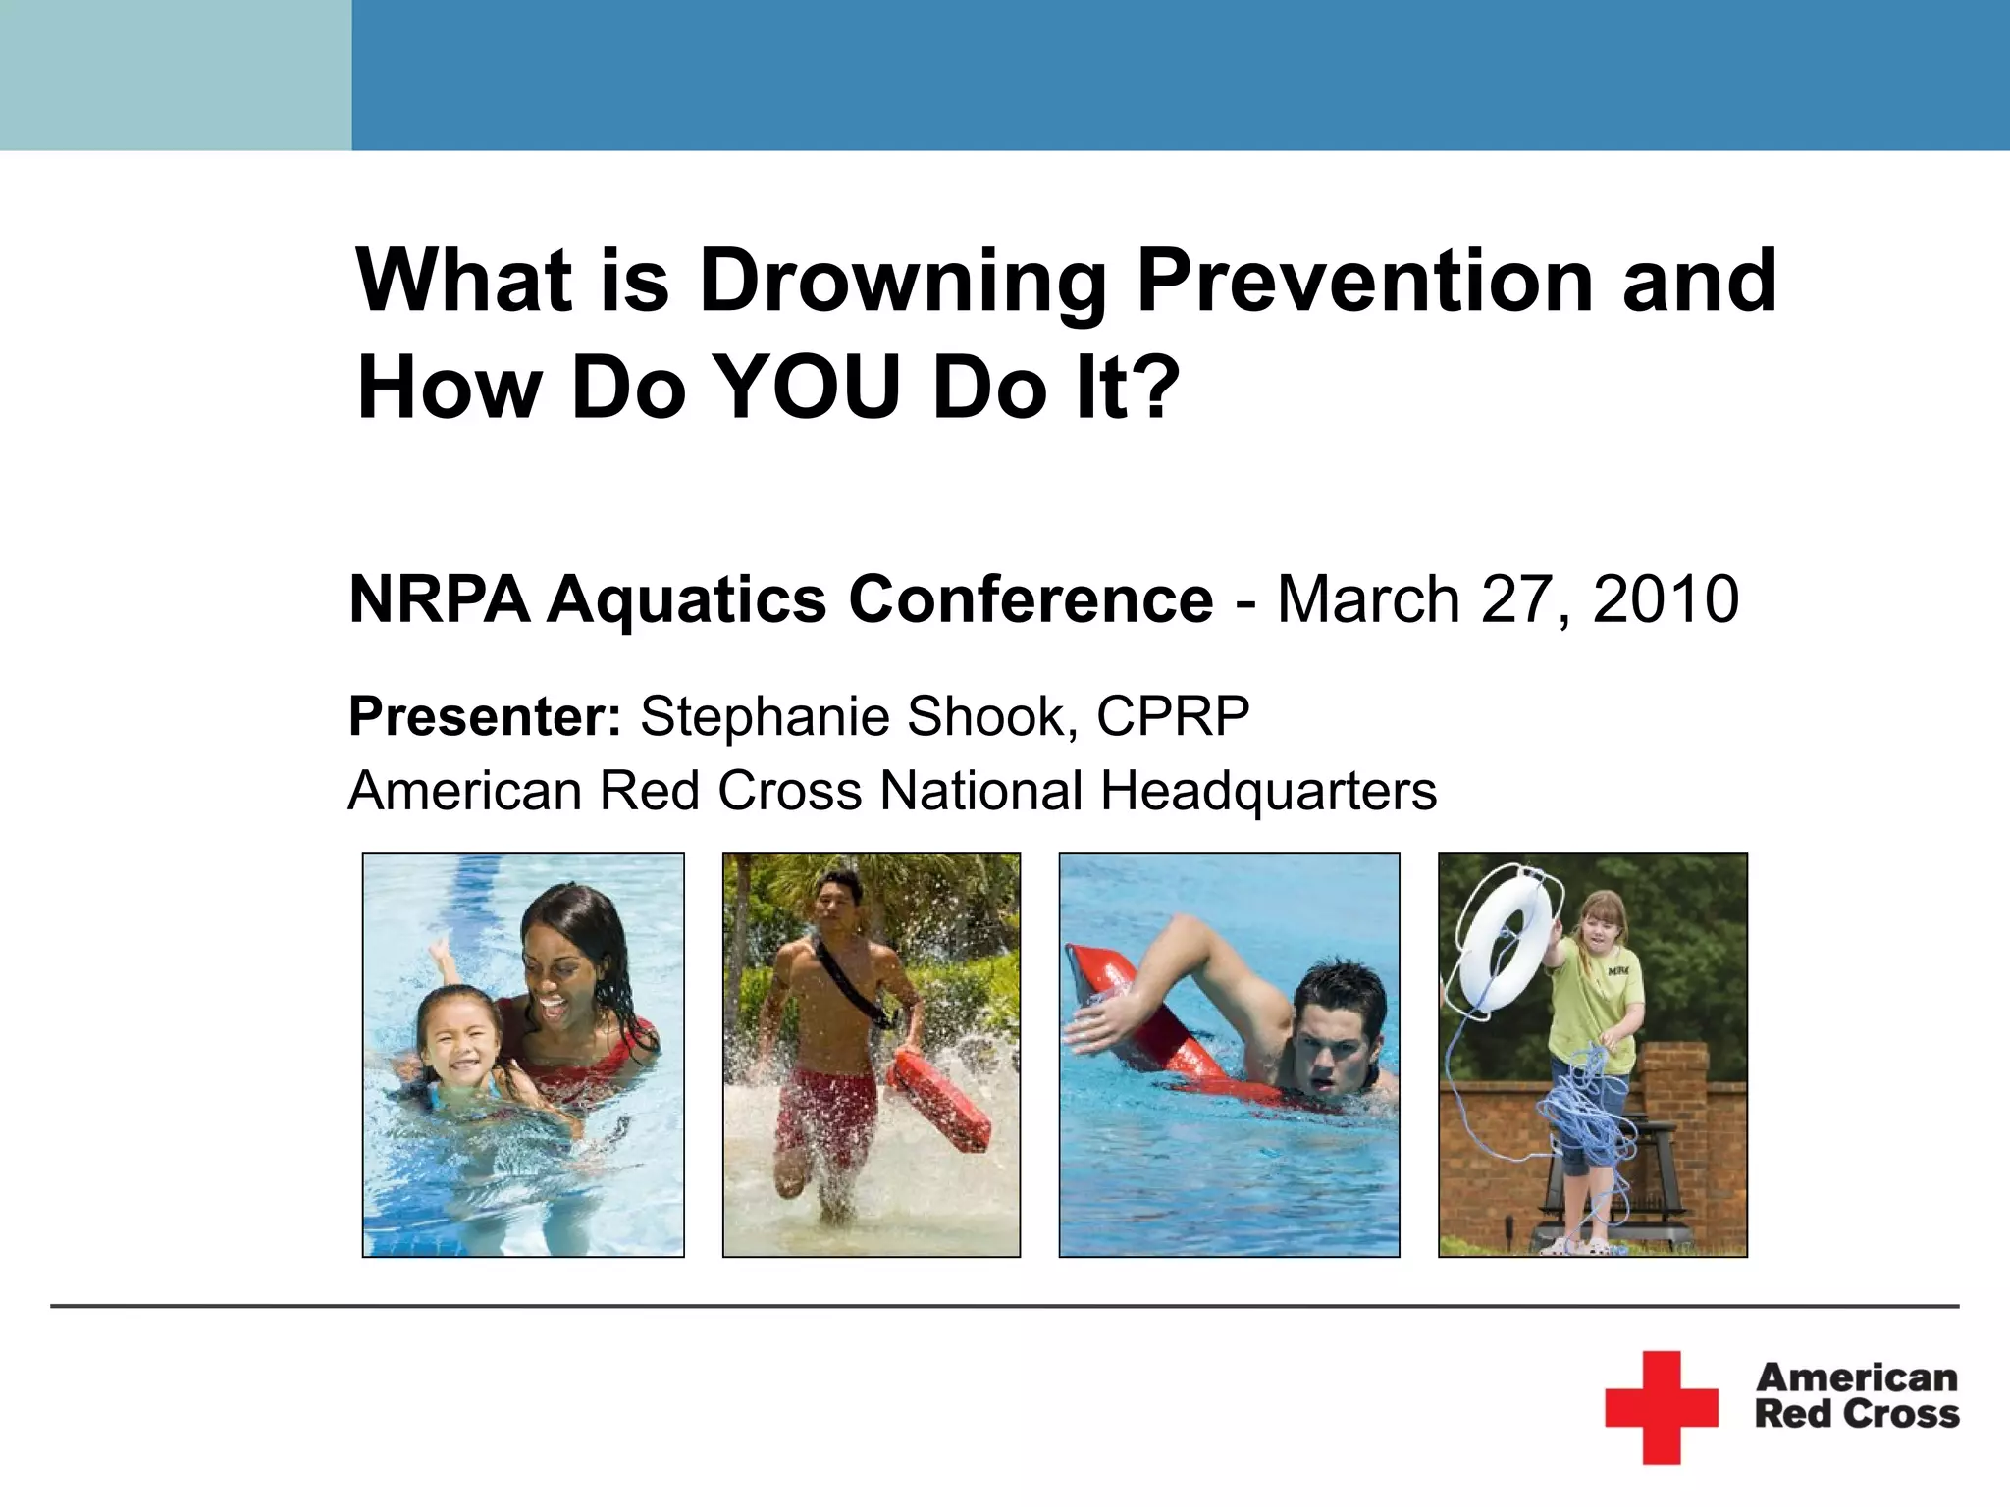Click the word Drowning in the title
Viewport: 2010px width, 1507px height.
[902, 283]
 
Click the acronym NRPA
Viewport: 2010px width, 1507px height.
[439, 599]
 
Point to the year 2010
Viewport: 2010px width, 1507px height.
[1666, 599]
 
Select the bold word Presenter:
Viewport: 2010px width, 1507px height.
[485, 716]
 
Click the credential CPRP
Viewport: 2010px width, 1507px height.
[1173, 716]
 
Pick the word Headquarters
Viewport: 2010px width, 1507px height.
[1268, 791]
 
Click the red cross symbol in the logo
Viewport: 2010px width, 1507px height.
[1662, 1407]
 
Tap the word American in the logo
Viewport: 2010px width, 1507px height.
[1856, 1377]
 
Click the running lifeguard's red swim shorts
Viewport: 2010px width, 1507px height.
[824, 1114]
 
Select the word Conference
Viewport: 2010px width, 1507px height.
[1031, 599]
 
